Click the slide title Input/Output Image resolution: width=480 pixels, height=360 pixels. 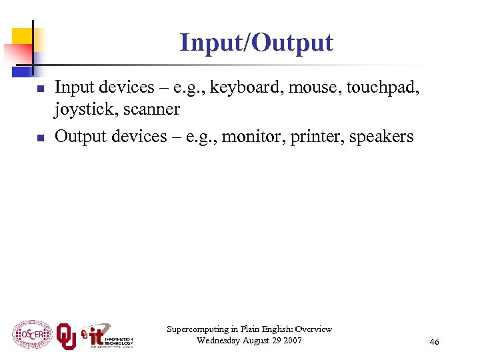(256, 43)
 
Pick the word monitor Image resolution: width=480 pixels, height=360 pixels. (248, 137)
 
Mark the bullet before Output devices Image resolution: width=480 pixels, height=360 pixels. (40, 138)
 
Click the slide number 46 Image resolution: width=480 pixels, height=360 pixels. (434, 342)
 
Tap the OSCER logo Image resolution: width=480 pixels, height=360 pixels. (31, 334)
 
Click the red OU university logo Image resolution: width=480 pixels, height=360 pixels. (66, 335)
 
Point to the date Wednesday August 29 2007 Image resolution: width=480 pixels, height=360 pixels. (249, 341)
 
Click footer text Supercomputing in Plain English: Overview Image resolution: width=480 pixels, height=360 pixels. (249, 329)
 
